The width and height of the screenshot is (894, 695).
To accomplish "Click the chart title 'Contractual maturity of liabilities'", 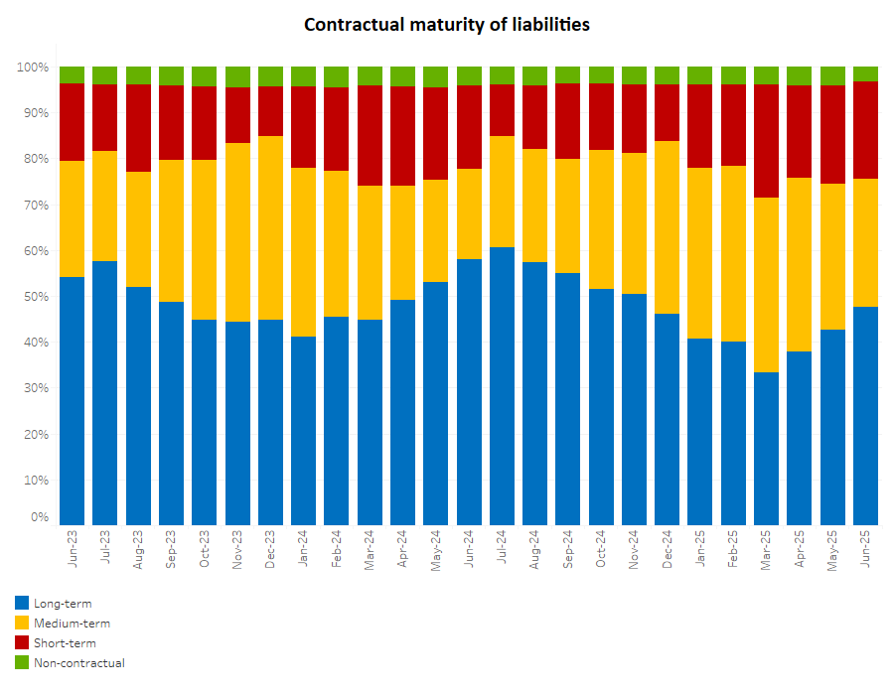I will pyautogui.click(x=446, y=24).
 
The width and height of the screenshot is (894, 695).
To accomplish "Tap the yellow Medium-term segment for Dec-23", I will pyautogui.click(x=270, y=227).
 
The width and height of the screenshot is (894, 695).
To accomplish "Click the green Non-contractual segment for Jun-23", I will pyautogui.click(x=72, y=74).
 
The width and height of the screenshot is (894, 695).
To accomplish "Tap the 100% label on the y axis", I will pyautogui.click(x=33, y=68).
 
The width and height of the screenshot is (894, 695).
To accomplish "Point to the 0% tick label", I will pyautogui.click(x=39, y=517).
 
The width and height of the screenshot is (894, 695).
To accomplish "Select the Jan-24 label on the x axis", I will pyautogui.click(x=304, y=549).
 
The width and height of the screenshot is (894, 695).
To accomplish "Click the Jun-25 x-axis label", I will pyautogui.click(x=866, y=549).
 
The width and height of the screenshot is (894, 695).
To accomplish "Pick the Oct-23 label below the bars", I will pyautogui.click(x=205, y=549).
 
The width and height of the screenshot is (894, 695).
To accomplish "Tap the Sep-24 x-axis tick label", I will pyautogui.click(x=568, y=549).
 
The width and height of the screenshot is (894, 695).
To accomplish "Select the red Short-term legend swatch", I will pyautogui.click(x=22, y=642).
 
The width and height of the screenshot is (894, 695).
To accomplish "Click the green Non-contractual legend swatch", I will pyautogui.click(x=22, y=662).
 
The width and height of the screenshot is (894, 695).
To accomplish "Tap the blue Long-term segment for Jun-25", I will pyautogui.click(x=865, y=416).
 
